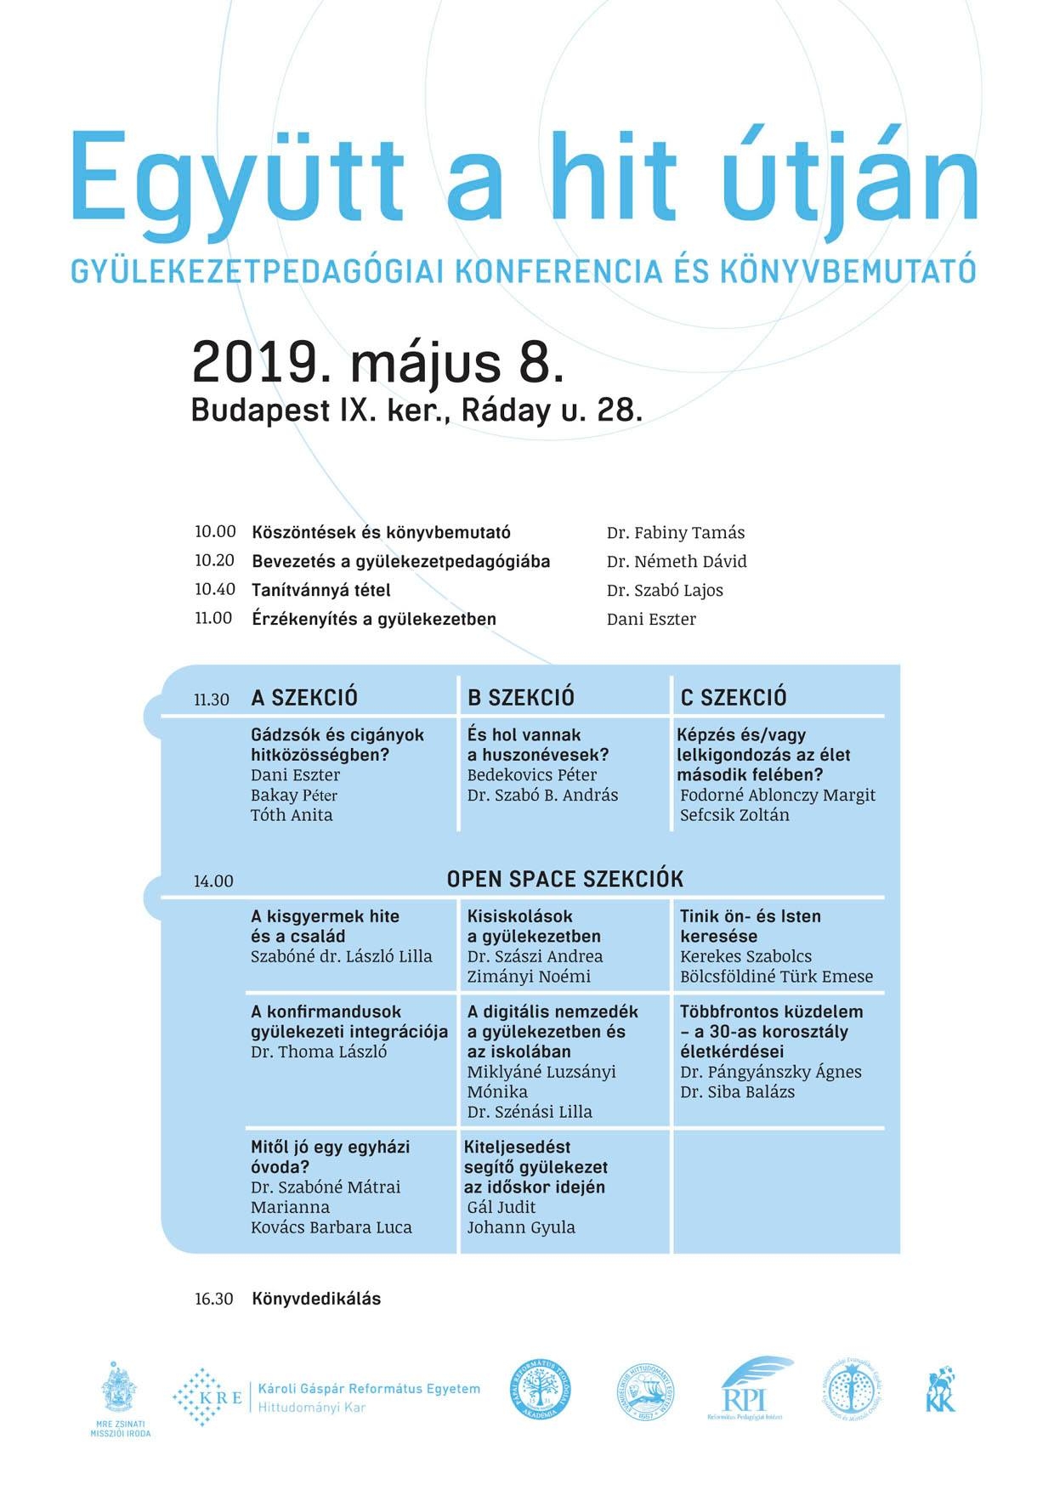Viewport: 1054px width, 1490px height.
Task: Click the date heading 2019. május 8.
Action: click(x=378, y=363)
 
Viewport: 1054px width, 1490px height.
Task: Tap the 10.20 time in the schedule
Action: click(x=214, y=561)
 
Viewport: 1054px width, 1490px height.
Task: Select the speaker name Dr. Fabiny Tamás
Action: click(x=675, y=533)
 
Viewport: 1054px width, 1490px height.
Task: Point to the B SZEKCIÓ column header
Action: click(x=520, y=698)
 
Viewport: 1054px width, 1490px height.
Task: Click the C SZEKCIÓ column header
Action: click(x=733, y=698)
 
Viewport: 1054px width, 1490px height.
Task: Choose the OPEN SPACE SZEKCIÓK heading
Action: click(x=564, y=879)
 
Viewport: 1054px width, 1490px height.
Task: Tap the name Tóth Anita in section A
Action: click(x=292, y=815)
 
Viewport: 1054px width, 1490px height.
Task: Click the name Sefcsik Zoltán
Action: click(x=734, y=815)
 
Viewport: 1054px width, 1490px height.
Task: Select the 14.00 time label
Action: click(x=212, y=881)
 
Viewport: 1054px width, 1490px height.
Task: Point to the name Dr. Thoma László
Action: click(x=319, y=1052)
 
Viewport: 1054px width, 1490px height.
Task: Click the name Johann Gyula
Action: click(x=521, y=1227)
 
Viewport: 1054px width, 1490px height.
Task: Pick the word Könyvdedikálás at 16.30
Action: click(x=316, y=1299)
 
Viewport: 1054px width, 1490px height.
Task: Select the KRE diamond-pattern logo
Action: click(x=207, y=1397)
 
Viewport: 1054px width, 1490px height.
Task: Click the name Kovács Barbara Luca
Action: click(x=331, y=1227)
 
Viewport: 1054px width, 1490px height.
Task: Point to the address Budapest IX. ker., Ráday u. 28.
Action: click(x=416, y=411)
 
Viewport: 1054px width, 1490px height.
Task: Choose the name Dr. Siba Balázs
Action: click(x=737, y=1092)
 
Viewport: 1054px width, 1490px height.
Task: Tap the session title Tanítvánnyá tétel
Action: click(x=320, y=590)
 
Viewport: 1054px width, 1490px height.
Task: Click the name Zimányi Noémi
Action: click(x=529, y=977)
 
